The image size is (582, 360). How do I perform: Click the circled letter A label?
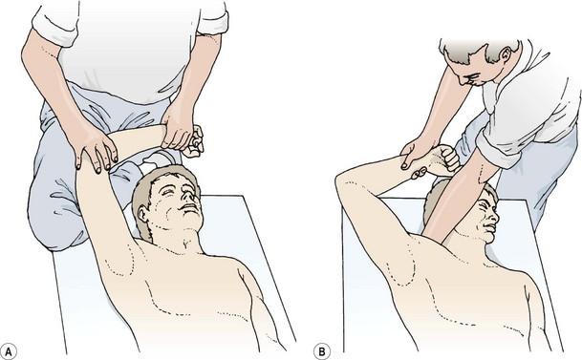9,351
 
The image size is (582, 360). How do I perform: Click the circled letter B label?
322,351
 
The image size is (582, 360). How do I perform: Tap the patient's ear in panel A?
143,214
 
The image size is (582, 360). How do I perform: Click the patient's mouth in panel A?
189,207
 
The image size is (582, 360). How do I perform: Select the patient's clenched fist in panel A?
195,141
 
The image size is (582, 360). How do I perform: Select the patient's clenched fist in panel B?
445,158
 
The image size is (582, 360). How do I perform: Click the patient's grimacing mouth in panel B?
490,226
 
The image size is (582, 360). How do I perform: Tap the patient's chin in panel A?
193,220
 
